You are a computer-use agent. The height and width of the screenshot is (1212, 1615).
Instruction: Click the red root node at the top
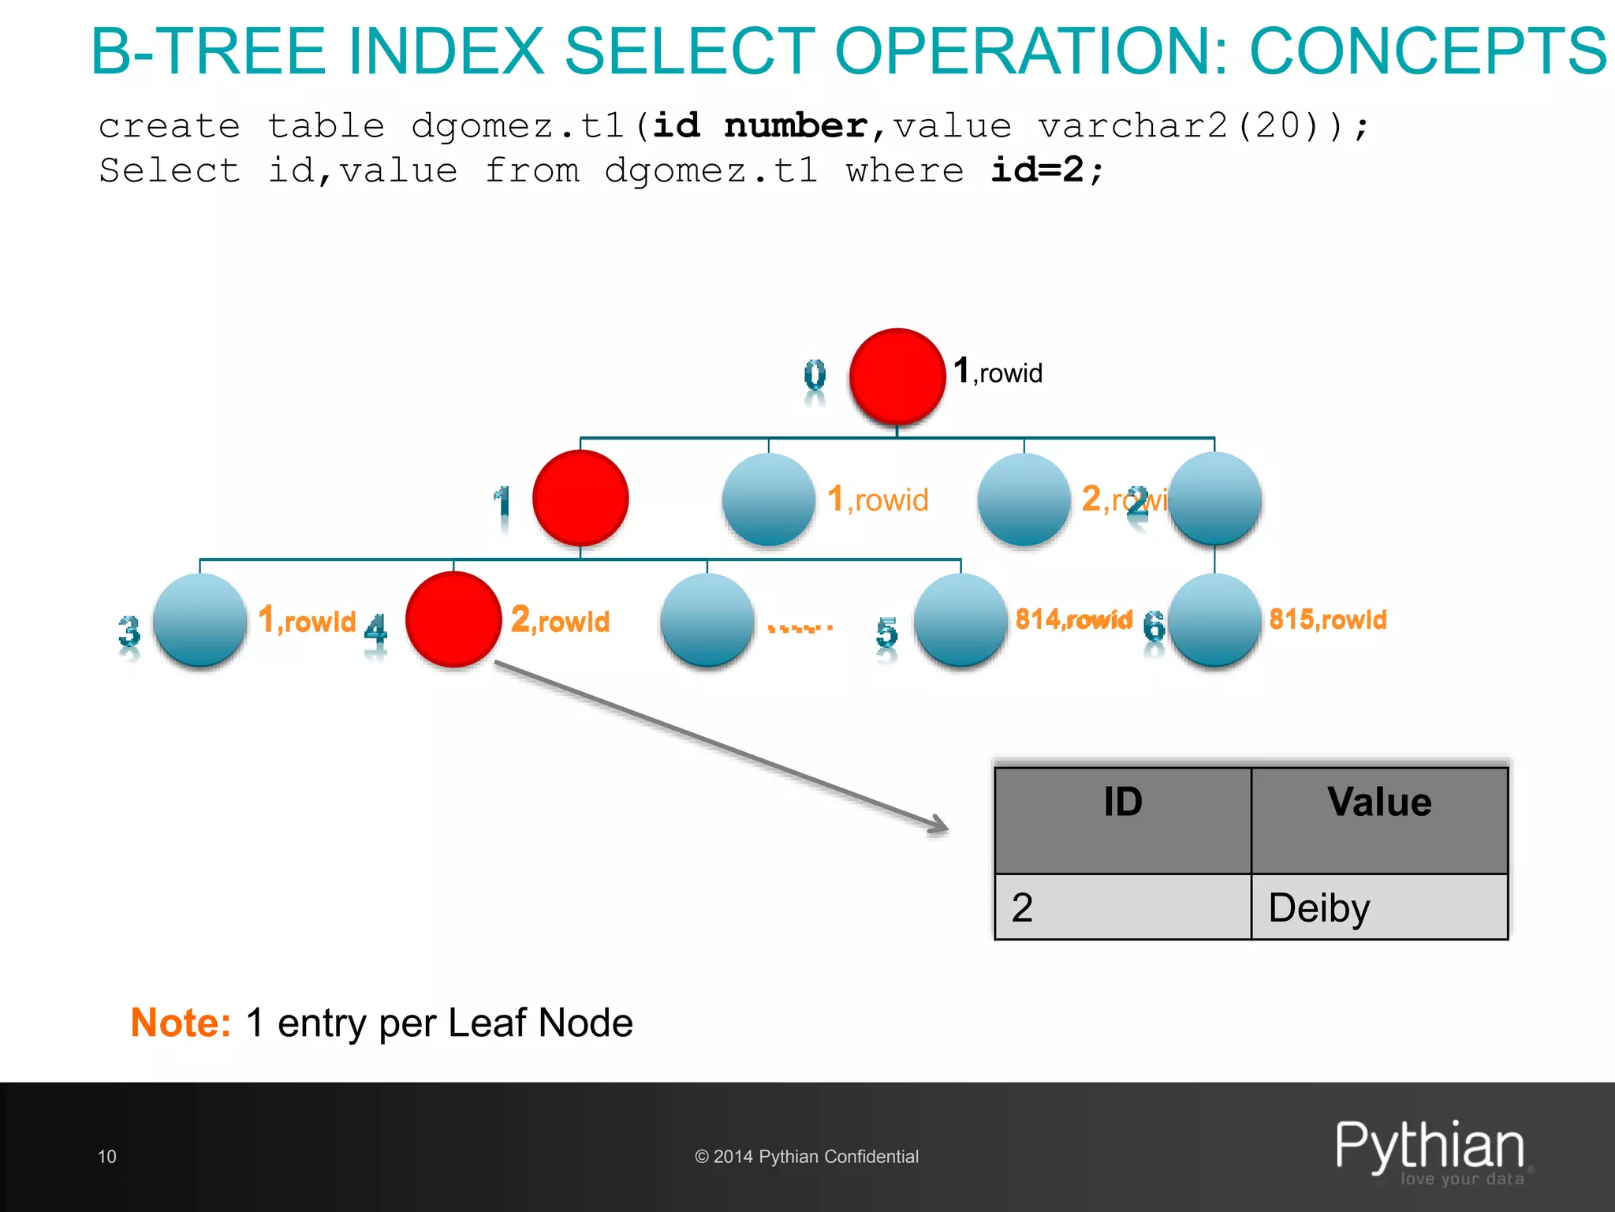[897, 376]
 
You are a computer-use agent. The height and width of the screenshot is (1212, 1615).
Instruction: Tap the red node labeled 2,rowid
[453, 619]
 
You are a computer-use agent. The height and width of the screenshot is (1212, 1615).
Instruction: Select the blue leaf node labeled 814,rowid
[960, 620]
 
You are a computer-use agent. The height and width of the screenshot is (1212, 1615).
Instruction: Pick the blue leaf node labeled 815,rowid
[1214, 620]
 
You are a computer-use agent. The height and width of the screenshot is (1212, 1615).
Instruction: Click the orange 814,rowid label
[1073, 619]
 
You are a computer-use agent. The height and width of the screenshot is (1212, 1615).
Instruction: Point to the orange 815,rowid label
[1327, 619]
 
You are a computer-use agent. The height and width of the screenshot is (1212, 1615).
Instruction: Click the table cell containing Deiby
[1379, 907]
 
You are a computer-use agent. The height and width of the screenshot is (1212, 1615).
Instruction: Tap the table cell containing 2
[1123, 907]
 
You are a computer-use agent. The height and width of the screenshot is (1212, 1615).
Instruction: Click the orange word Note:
[181, 1023]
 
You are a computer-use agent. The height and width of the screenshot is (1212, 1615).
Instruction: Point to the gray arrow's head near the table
[942, 825]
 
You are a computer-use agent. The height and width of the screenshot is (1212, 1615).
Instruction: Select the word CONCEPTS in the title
[1427, 51]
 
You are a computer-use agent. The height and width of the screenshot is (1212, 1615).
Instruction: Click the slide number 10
[107, 1157]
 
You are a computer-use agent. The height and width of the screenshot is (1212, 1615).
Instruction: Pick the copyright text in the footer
[807, 1157]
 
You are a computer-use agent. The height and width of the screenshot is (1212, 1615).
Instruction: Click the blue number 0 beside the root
[815, 377]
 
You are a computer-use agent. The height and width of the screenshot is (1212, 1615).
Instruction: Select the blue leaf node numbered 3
[200, 620]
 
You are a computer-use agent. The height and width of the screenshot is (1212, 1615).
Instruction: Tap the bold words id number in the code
[760, 126]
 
